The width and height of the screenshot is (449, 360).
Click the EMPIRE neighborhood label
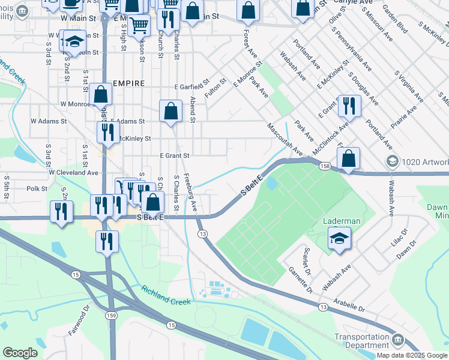click(x=128, y=83)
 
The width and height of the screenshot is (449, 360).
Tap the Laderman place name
click(x=342, y=221)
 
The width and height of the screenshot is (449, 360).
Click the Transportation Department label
click(x=361, y=341)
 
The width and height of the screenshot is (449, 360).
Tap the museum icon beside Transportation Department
click(x=397, y=341)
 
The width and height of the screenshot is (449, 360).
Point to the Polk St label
click(x=37, y=188)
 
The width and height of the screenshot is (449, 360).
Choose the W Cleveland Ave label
click(x=73, y=172)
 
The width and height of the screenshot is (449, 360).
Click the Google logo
click(x=20, y=352)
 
